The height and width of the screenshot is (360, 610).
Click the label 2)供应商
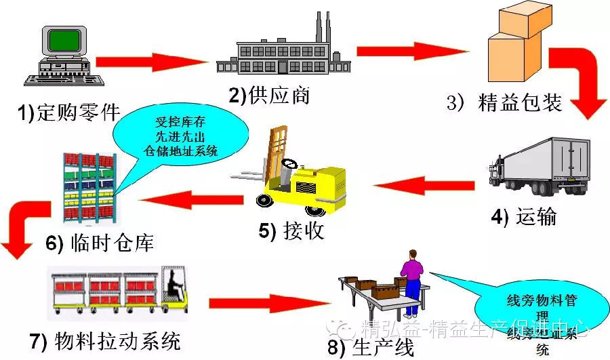[269, 95]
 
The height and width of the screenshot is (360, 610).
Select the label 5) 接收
[291, 231]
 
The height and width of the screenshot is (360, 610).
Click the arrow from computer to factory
[149, 62]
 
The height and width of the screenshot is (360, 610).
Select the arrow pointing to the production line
[261, 302]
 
